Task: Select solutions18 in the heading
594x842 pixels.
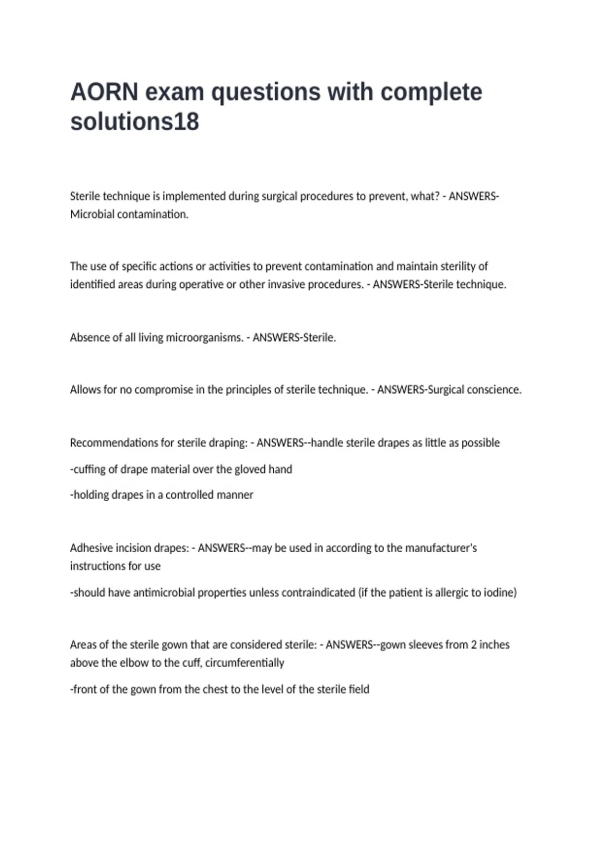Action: [135, 122]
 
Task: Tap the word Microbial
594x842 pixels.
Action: [92, 214]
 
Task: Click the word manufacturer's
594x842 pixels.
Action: [441, 548]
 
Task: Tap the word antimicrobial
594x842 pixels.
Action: [164, 592]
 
